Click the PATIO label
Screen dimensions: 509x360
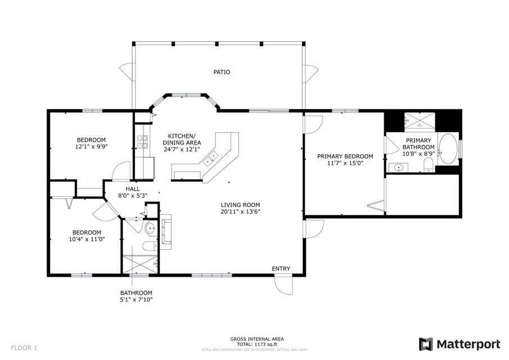(x=222, y=72)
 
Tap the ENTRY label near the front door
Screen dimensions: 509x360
(x=281, y=269)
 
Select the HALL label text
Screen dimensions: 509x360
(x=133, y=189)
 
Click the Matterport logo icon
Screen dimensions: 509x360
(x=426, y=344)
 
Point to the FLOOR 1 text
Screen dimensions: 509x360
(x=24, y=348)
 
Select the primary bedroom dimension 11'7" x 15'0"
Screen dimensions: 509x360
(x=345, y=163)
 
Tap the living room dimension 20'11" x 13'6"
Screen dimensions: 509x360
(x=240, y=212)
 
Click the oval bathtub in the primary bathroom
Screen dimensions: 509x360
(x=447, y=149)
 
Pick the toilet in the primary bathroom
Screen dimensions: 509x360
(x=429, y=165)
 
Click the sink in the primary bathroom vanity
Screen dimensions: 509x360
(x=398, y=168)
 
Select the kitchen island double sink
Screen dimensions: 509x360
(x=210, y=158)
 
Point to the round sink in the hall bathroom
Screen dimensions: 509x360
(x=150, y=228)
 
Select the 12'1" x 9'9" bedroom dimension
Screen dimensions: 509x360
(x=91, y=147)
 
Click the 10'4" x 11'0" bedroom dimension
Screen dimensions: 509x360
(x=87, y=240)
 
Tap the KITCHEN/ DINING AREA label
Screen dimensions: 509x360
(x=182, y=139)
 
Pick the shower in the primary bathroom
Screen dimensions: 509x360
(x=419, y=121)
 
